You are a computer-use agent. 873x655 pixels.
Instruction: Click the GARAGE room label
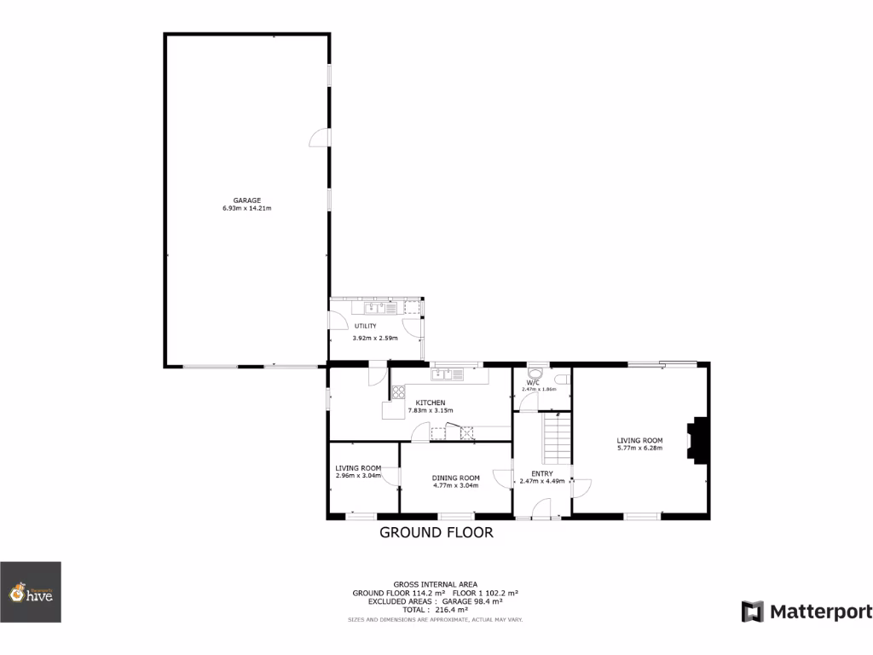(247, 200)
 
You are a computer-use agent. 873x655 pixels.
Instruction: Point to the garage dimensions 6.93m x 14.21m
(247, 208)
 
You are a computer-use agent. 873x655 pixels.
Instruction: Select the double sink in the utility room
(374, 307)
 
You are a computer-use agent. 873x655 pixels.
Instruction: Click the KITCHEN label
(430, 403)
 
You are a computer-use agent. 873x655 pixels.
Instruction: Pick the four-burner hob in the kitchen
(397, 393)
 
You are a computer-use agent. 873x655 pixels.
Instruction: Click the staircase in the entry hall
(556, 436)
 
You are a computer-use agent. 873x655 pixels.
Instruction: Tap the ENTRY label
(542, 473)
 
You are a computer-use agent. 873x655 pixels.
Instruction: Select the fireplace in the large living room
(698, 440)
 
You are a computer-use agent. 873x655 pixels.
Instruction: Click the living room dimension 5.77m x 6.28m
(639, 449)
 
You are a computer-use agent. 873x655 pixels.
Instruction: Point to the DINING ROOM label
(455, 478)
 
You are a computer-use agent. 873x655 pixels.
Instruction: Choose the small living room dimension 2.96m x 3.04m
(358, 476)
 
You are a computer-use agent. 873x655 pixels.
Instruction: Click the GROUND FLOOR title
(436, 533)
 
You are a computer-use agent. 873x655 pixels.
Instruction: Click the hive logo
(31, 593)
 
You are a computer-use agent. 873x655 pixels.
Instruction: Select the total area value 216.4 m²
(450, 610)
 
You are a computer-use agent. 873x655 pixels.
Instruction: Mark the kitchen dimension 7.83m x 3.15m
(430, 410)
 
